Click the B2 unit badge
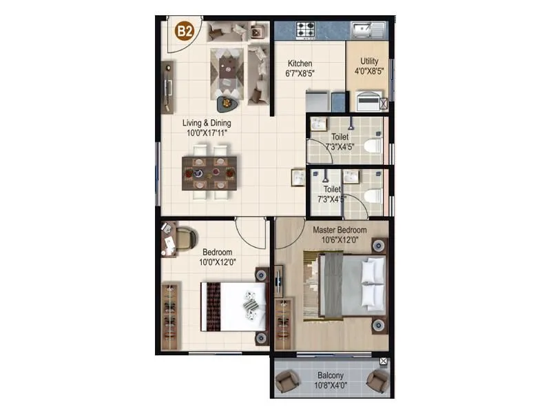pos(183,30)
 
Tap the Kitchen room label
pos(300,68)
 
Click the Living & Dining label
pos(205,128)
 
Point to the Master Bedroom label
pos(340,235)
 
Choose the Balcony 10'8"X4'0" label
pos(331,380)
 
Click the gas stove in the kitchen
pos(306,30)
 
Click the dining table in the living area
pos(209,172)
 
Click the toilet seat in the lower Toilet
pos(373,196)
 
